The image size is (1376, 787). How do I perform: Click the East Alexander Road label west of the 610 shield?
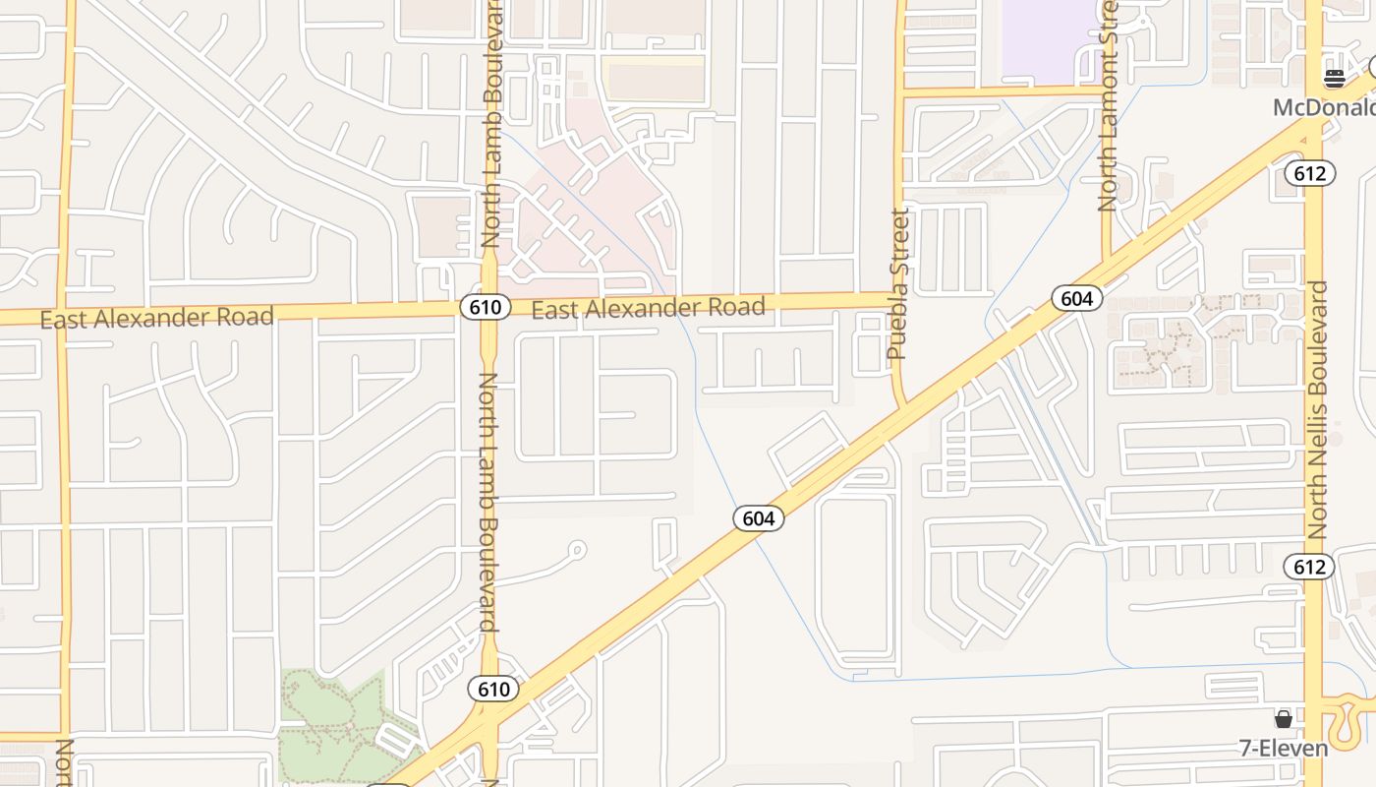156,318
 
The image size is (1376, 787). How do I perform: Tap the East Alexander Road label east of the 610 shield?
648,309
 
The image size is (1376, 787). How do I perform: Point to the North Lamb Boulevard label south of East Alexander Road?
488,502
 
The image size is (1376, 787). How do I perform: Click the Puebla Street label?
897,284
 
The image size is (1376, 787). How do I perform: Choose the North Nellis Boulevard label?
1317,410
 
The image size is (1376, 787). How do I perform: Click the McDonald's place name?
1323,107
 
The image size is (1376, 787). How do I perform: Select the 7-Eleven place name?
1284,749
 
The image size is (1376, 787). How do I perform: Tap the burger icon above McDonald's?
1334,79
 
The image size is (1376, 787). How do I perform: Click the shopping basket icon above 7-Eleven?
1283,719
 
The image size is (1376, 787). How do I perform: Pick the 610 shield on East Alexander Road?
485,307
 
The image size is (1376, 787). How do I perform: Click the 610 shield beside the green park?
492,689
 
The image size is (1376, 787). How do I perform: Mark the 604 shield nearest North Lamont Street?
1076,298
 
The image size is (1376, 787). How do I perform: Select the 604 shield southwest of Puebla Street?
758,518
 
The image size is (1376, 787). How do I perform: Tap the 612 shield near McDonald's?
1309,174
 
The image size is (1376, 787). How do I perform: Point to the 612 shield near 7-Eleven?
1308,567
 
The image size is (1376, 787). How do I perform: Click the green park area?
324,723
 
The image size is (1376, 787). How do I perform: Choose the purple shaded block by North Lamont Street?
1048,39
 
